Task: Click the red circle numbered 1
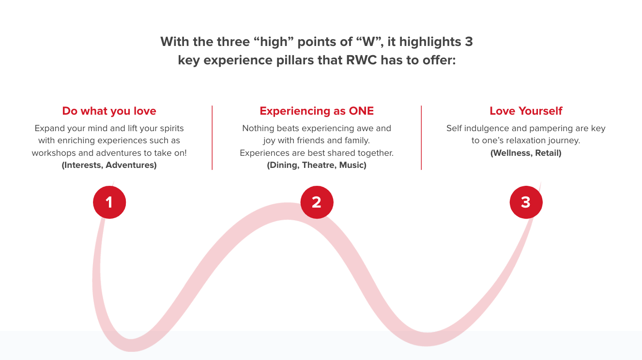(109, 202)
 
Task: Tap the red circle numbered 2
(317, 202)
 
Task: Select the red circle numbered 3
(526, 202)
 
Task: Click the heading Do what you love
(109, 111)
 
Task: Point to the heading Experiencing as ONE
(317, 111)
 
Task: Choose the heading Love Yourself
(526, 111)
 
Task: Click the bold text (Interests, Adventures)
(109, 165)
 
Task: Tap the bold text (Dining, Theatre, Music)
(317, 165)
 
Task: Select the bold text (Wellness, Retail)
(526, 153)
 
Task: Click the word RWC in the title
(361, 60)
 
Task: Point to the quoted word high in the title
(274, 42)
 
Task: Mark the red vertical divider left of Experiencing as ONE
(212, 138)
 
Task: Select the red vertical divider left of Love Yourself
(421, 138)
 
